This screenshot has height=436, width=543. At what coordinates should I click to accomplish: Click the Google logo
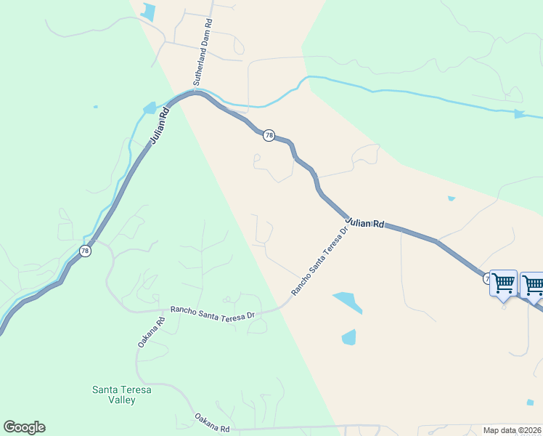coord(24,427)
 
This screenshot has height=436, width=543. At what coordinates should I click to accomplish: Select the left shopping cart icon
coord(503,283)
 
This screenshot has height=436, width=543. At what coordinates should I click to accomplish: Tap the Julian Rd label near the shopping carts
coord(364,222)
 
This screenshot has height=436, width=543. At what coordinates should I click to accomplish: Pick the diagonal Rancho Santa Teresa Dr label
coord(320,260)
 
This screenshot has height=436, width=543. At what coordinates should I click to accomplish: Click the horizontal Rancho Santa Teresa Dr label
coord(212,312)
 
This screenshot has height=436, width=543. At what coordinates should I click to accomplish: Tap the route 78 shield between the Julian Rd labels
coord(269,136)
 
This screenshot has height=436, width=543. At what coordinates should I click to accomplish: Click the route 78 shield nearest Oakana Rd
coord(86,251)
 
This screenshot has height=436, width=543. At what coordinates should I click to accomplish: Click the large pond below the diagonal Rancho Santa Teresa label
coord(348,302)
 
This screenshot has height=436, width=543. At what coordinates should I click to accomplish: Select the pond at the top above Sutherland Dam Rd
coord(149,11)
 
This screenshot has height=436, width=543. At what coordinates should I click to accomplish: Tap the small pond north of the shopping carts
coord(452,198)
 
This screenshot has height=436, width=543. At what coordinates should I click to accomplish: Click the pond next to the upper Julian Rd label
coord(150,108)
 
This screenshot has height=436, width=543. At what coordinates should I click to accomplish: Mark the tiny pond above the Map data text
coord(530,402)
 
